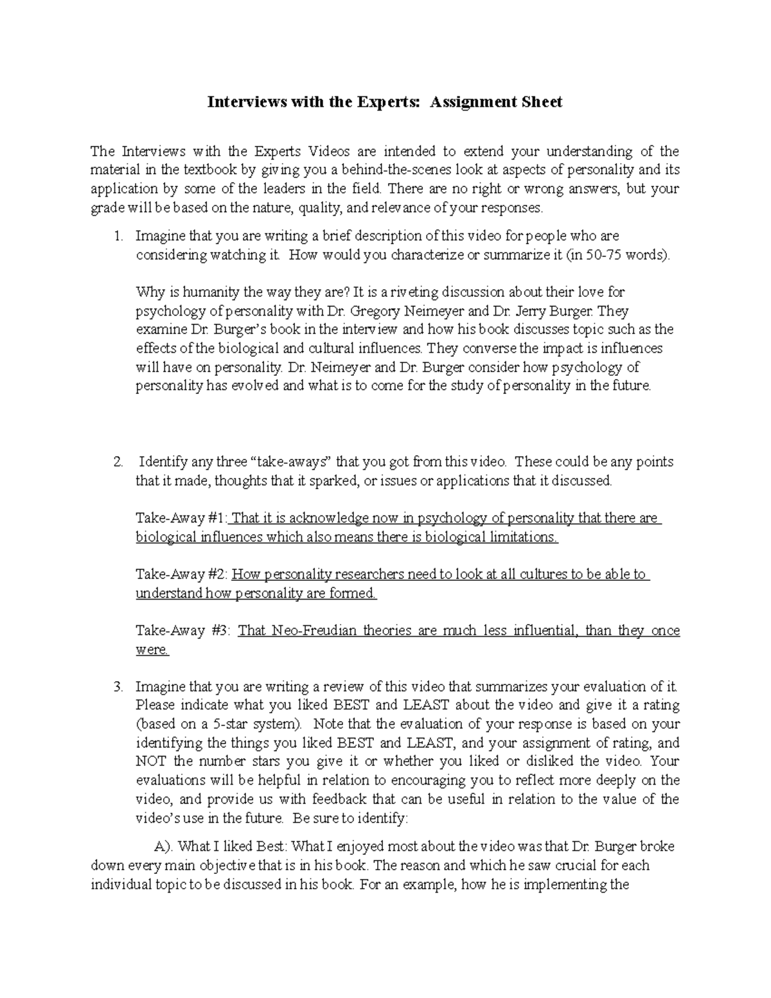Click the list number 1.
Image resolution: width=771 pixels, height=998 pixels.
pyautogui.click(x=117, y=236)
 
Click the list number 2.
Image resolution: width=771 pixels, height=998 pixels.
pyautogui.click(x=117, y=461)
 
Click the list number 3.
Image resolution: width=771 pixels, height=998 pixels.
pyautogui.click(x=117, y=687)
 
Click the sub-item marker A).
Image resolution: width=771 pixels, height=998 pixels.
pyautogui.click(x=155, y=846)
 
